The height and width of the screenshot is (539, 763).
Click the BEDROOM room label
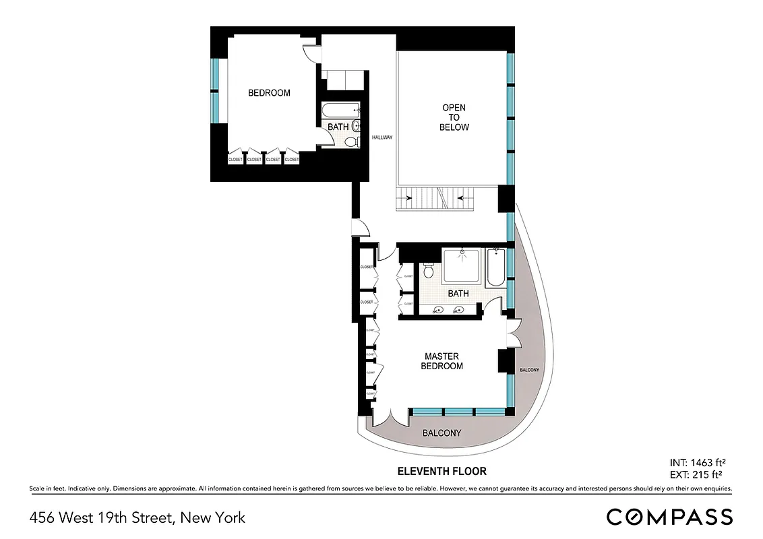click(269, 93)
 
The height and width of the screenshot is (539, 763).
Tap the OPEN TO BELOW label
click(454, 117)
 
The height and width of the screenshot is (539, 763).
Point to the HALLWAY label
click(382, 138)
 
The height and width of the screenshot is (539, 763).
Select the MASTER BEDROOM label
click(441, 361)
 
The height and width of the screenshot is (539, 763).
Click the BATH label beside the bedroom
click(338, 127)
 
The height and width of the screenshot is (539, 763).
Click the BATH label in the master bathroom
click(458, 294)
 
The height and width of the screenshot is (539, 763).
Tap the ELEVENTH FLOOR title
click(442, 472)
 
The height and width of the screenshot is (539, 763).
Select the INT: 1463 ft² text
click(698, 463)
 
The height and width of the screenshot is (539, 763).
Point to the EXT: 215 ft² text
click(698, 475)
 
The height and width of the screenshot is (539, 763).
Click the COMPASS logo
click(669, 517)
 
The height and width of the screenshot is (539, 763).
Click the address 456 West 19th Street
click(138, 518)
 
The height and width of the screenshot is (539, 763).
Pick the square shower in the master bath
click(462, 265)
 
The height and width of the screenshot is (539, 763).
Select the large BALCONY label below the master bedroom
click(441, 433)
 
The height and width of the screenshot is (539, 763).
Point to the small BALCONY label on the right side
click(529, 371)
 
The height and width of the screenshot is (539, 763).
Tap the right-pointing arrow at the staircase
click(408, 198)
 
